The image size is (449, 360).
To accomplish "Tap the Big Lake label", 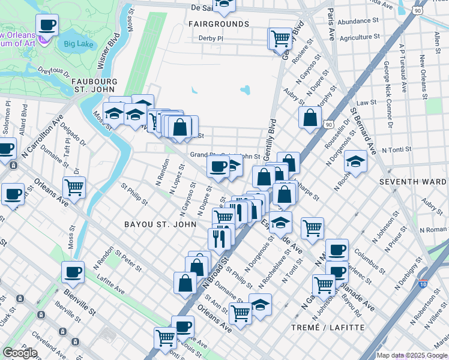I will point(78,44).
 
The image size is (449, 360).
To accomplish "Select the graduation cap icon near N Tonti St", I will point(356,161).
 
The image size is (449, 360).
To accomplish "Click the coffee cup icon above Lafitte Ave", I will point(73,272).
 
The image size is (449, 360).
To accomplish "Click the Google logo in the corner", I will point(20,353).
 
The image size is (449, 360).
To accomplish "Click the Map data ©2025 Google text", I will point(412,355).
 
